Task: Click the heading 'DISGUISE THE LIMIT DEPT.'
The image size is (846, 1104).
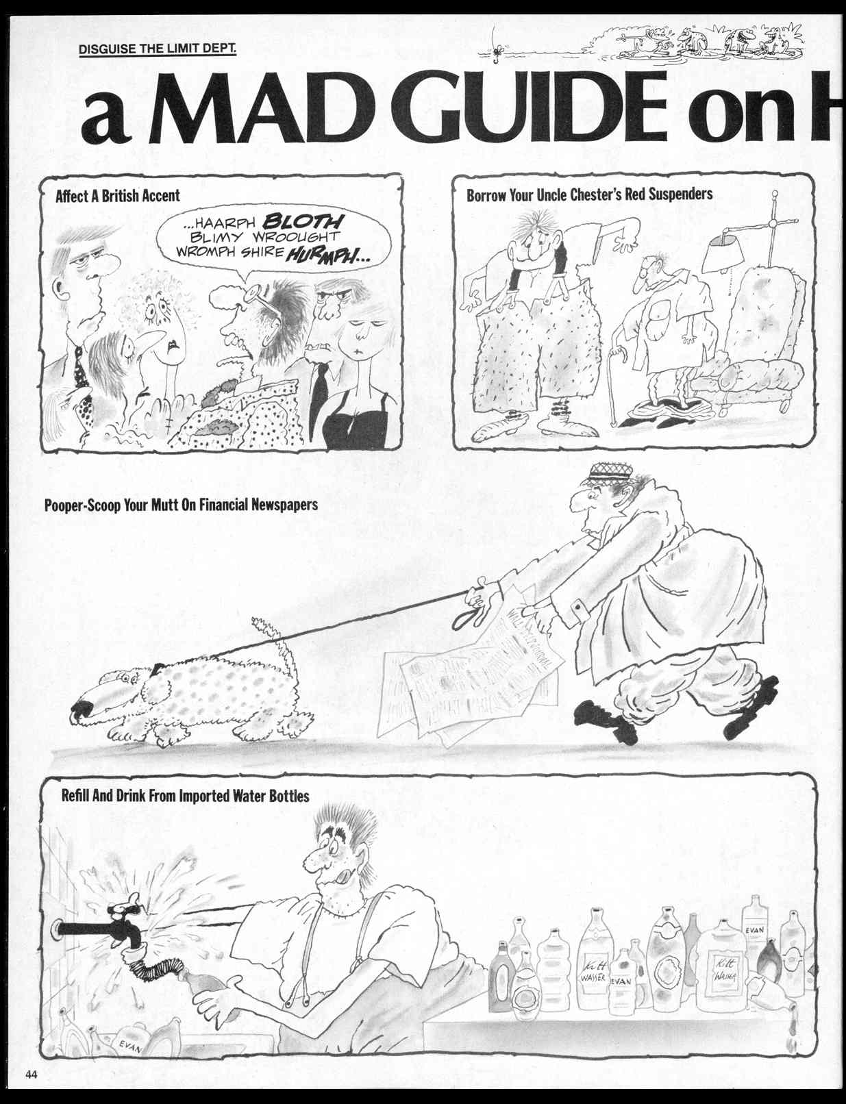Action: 158,49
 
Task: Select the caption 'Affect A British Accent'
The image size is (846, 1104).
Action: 117,196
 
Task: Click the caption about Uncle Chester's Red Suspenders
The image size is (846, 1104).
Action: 589,195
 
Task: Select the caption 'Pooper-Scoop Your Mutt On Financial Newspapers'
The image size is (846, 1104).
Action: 181,506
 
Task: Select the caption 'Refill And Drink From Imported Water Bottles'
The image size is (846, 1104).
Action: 185,796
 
